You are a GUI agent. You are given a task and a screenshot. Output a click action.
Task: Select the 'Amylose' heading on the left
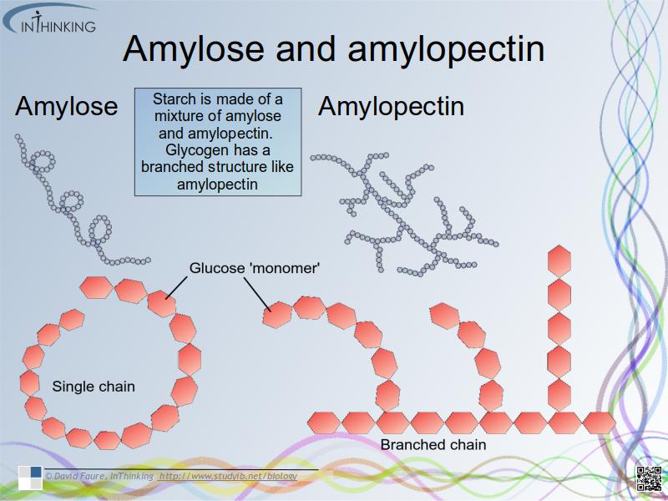(x=67, y=107)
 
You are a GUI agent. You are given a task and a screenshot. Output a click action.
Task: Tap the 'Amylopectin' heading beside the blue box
(x=391, y=107)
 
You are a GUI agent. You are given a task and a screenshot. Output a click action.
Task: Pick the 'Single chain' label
(x=94, y=387)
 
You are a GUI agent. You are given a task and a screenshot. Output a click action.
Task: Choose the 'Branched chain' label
(x=433, y=444)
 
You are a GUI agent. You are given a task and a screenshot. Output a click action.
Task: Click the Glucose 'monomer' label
(x=255, y=269)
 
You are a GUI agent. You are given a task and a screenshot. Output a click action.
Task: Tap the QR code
(x=649, y=478)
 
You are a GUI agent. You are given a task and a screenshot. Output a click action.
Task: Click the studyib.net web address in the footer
(x=228, y=476)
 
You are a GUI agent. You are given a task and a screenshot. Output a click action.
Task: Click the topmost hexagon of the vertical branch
(x=559, y=260)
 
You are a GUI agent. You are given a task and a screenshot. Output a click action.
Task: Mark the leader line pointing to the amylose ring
(x=177, y=286)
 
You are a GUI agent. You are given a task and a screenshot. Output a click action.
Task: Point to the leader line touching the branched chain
(x=258, y=294)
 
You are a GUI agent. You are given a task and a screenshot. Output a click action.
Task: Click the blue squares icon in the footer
(x=30, y=477)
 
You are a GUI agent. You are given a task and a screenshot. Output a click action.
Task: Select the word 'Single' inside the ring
(x=71, y=387)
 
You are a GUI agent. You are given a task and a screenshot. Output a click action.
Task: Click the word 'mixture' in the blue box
(x=180, y=116)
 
